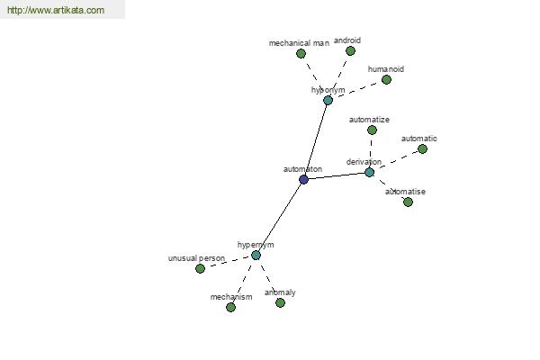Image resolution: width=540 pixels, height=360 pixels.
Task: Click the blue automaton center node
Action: pyautogui.click(x=303, y=179)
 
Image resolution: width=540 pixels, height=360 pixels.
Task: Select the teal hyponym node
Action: pyautogui.click(x=328, y=101)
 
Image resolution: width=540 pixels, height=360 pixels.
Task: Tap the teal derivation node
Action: pyautogui.click(x=370, y=172)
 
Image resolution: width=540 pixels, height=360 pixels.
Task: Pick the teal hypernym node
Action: pyautogui.click(x=256, y=256)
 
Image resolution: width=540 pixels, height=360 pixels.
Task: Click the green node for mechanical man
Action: pyautogui.click(x=301, y=53)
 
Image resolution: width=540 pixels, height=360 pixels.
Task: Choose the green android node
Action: pyautogui.click(x=350, y=51)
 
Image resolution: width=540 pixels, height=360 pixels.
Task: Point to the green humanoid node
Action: pyautogui.click(x=386, y=79)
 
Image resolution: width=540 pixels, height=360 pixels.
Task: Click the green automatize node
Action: pyautogui.click(x=372, y=130)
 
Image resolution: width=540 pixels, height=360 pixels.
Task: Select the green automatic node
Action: pyautogui.click(x=423, y=149)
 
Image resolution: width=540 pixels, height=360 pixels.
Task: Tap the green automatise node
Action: pyautogui.click(x=408, y=202)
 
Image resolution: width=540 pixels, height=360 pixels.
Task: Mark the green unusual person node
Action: pyautogui.click(x=200, y=268)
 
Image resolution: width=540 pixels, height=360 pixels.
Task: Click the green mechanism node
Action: pyautogui.click(x=230, y=307)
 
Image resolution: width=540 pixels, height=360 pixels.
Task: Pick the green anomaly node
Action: pyautogui.click(x=280, y=302)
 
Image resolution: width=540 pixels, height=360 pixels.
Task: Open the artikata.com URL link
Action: pyautogui.click(x=56, y=10)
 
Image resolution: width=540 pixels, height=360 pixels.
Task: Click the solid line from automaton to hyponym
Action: pyautogui.click(x=316, y=139)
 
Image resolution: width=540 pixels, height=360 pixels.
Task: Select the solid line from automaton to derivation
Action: pyautogui.click(x=337, y=176)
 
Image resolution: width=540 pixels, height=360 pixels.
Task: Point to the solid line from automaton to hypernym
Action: pyautogui.click(x=280, y=218)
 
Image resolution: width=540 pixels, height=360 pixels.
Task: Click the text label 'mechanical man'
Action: pyautogui.click(x=299, y=43)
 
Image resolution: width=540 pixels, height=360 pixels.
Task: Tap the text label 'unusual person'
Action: pyautogui.click(x=196, y=258)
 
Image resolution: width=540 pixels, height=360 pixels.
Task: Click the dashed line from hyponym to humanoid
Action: pyautogui.click(x=357, y=90)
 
